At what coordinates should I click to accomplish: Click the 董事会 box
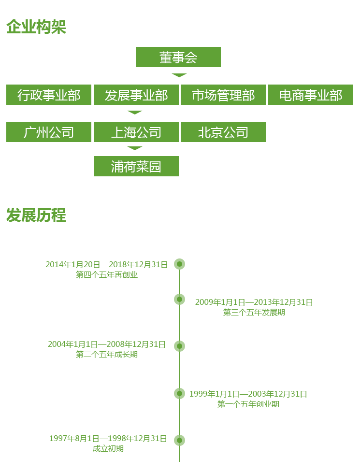[x=178, y=57]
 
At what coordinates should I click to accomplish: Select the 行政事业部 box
[x=49, y=95]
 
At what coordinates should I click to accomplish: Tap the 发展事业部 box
[x=136, y=95]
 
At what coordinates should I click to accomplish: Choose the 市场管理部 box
[x=223, y=95]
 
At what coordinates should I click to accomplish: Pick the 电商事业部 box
[x=310, y=95]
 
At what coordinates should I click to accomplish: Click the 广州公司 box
[x=49, y=132]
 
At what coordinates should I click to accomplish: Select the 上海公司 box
[x=136, y=132]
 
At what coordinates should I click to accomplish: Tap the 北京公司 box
[x=223, y=132]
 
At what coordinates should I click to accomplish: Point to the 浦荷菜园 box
[x=136, y=166]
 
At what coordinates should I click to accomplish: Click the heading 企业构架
[x=36, y=27]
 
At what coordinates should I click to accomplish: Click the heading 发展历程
[x=36, y=215]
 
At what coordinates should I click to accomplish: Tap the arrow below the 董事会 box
[x=179, y=75]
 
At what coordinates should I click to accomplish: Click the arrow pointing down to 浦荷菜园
[x=135, y=148]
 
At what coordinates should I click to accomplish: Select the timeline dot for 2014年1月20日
[x=180, y=264]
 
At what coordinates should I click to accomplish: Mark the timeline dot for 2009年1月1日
[x=180, y=300]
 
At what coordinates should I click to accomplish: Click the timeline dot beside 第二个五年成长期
[x=180, y=346]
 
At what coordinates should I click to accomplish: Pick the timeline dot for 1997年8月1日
[x=180, y=440]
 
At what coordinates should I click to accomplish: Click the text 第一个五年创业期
[x=248, y=404]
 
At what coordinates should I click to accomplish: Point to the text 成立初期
[x=108, y=449]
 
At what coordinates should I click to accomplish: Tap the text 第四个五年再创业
[x=107, y=275]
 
